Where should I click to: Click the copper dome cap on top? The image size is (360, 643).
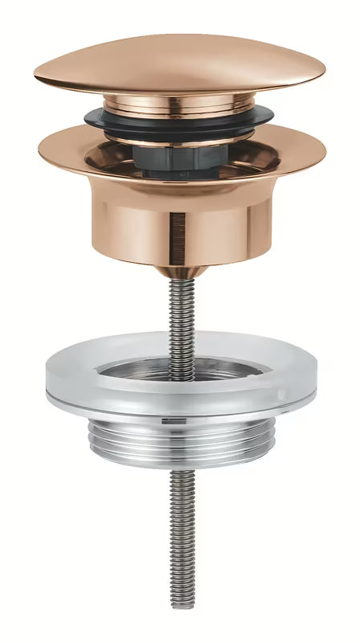pyautogui.click(x=179, y=60)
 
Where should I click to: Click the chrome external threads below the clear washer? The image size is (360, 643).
pyautogui.click(x=180, y=441)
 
